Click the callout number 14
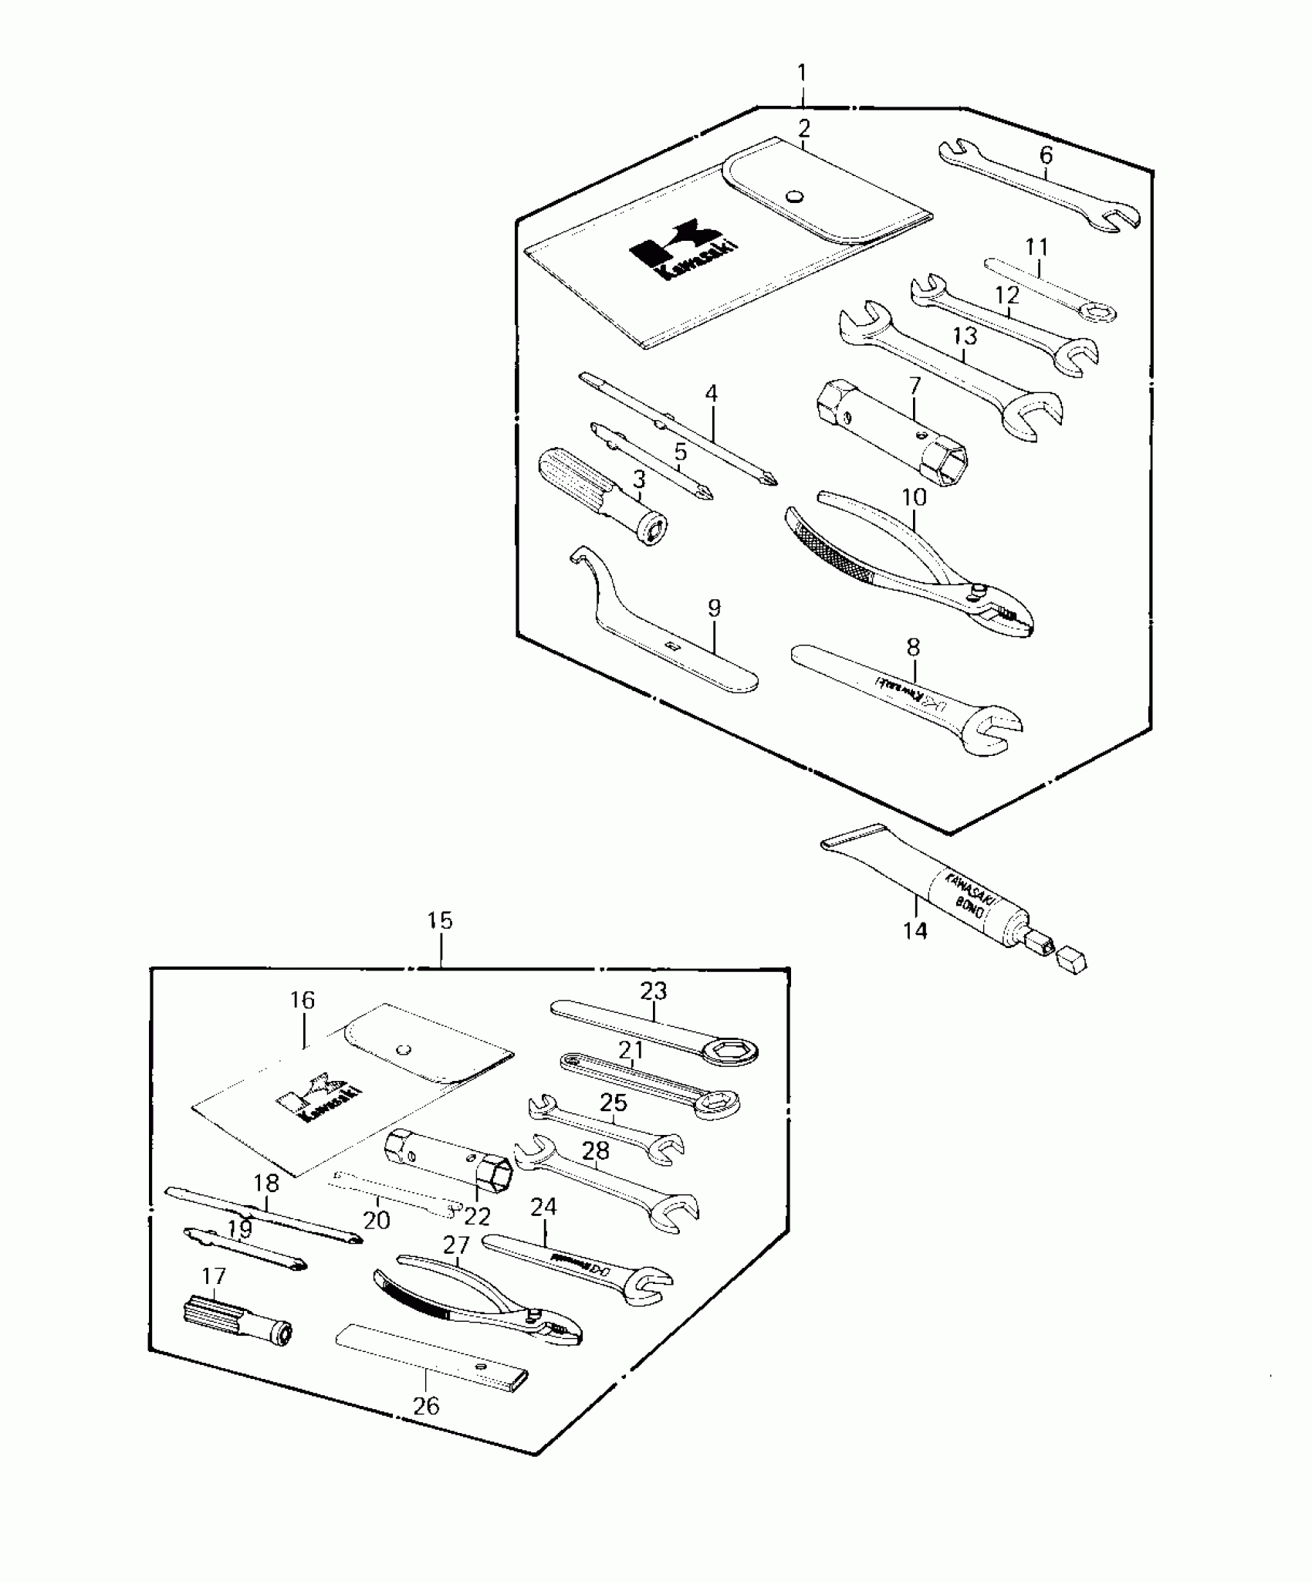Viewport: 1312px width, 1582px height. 915,931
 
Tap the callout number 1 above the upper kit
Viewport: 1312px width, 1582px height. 803,74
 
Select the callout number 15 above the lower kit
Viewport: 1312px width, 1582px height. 440,921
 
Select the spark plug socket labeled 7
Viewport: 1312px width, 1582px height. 891,432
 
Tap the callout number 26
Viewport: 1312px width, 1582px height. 426,1406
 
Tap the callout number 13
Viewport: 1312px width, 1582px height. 965,336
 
